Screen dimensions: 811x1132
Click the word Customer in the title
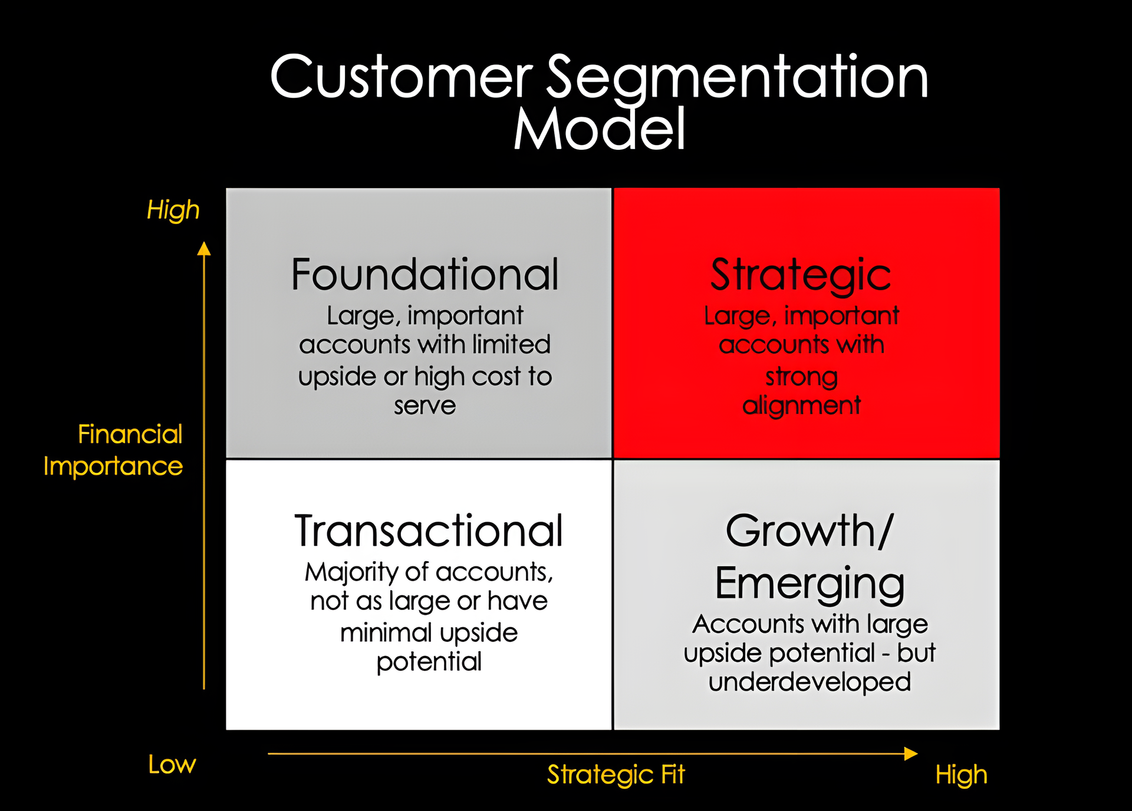401,78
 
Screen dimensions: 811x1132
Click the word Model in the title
600,130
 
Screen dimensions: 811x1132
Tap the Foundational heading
424,275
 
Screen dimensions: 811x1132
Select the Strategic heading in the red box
801,275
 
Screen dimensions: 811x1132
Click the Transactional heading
429,531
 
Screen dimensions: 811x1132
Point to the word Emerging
809,583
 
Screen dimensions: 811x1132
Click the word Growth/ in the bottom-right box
809,531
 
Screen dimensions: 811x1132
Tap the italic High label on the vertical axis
173,210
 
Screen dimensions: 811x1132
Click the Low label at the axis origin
172,765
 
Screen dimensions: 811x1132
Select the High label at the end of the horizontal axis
961,775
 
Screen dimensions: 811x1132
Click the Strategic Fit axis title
616,774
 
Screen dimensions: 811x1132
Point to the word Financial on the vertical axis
130,434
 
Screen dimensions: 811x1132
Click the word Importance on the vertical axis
113,466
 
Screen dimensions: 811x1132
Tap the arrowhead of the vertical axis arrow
204,248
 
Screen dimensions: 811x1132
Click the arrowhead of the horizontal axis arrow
911,753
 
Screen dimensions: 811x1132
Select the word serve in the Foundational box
424,405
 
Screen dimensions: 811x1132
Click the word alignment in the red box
801,405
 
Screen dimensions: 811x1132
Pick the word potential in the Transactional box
429,661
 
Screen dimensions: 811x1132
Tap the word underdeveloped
809,683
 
